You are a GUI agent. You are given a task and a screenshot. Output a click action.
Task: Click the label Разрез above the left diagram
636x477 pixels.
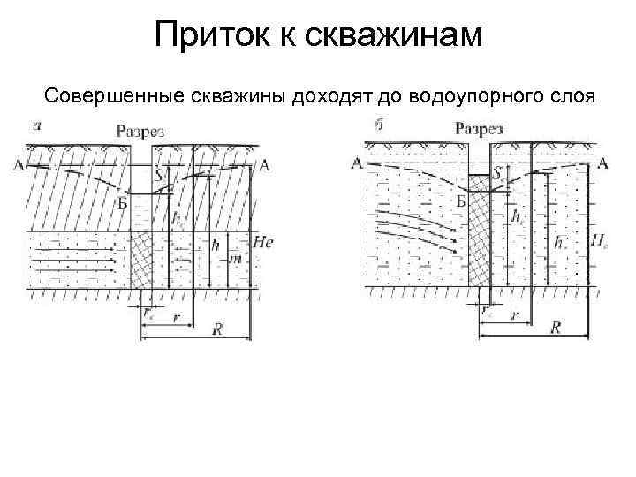click(141, 132)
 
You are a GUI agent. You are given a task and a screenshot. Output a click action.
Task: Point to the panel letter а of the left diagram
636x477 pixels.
click(36, 125)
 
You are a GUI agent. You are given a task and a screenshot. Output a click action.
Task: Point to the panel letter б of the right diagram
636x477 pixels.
click(379, 125)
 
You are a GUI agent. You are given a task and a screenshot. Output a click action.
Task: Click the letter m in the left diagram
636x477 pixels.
click(234, 259)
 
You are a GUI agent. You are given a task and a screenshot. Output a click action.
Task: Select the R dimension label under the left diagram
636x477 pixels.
click(217, 329)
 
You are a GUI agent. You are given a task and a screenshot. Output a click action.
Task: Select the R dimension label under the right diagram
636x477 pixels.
click(556, 328)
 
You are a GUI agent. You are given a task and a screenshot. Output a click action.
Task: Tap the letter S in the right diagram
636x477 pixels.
click(499, 173)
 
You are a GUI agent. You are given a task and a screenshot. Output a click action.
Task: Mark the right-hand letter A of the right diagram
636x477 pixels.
click(602, 162)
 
